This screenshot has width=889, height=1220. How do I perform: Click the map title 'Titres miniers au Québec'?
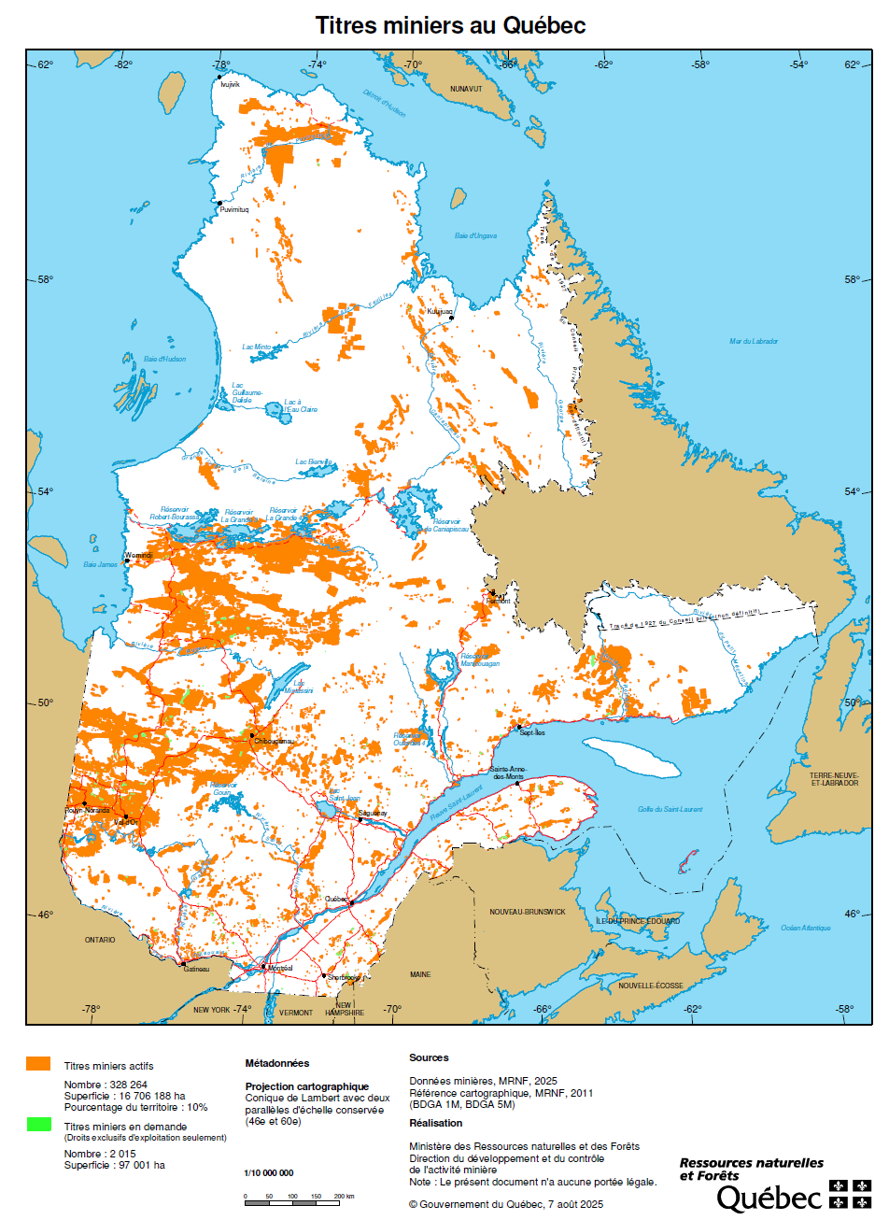(450, 25)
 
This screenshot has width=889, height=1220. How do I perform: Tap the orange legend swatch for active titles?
(38, 1064)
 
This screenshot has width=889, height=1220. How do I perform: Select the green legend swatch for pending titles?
(38, 1125)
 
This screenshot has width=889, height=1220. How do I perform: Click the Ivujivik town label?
(230, 84)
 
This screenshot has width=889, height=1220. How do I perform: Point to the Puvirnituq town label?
(234, 210)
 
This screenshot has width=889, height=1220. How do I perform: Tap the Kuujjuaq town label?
(440, 312)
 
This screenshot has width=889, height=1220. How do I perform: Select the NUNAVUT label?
(466, 89)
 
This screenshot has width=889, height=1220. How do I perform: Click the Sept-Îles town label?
(532, 732)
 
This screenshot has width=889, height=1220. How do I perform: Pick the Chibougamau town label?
(275, 741)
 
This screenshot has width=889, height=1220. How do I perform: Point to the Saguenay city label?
(373, 814)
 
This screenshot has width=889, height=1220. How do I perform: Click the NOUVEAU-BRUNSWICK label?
(528, 912)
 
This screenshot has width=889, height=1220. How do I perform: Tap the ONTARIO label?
(100, 940)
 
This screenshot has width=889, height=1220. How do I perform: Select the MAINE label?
(420, 974)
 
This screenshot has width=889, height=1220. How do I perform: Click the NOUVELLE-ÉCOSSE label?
(651, 986)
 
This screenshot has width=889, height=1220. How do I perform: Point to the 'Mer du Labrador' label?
(754, 341)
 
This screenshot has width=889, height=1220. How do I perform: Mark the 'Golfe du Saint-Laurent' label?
(670, 809)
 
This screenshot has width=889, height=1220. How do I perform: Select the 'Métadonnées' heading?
(277, 1063)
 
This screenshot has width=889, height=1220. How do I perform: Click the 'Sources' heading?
(429, 1057)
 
